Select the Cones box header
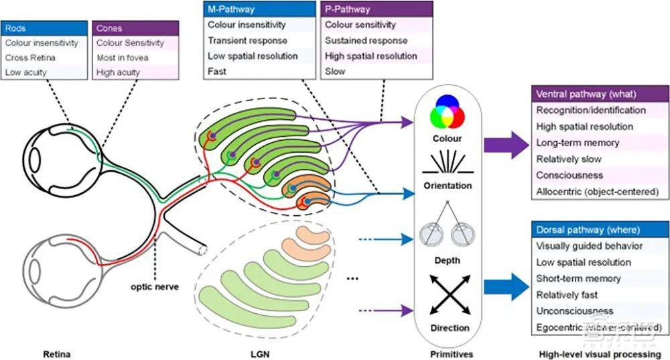(x=135, y=28)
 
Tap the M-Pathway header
(x=259, y=9)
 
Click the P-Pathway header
(x=377, y=9)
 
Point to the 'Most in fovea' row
(x=135, y=58)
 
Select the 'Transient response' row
(x=259, y=40)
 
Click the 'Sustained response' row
(x=377, y=40)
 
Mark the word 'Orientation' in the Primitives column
(x=448, y=186)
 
